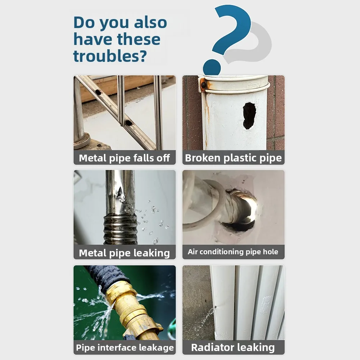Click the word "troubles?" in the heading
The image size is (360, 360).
(110, 56)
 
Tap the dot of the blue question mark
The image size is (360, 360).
(212, 67)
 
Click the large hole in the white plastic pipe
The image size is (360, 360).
(249, 116)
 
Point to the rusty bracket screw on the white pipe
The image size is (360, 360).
(203, 85)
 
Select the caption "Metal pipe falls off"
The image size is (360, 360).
(124, 158)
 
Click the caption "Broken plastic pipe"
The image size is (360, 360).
(233, 158)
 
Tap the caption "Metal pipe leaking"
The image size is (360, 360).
(124, 253)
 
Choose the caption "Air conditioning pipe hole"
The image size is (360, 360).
(233, 252)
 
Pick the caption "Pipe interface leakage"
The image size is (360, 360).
(125, 348)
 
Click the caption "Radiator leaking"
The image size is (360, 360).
(233, 347)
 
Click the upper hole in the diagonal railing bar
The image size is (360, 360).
(98, 92)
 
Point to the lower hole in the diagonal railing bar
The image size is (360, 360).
(128, 123)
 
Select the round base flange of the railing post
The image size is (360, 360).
(82, 140)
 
